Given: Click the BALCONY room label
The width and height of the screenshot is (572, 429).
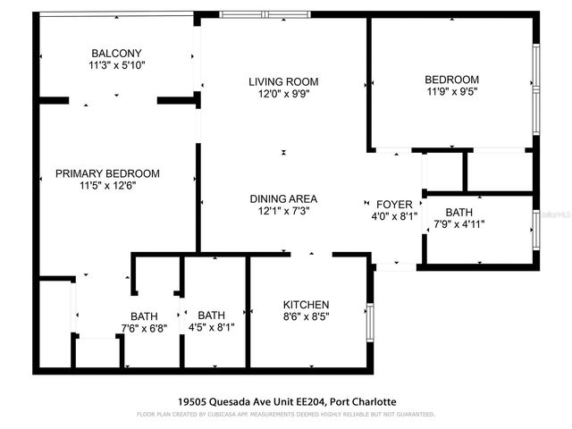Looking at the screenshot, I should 116,53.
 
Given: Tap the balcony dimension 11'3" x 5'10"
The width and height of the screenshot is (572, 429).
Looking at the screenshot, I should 116,65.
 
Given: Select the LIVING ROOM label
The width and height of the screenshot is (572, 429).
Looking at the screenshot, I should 283,81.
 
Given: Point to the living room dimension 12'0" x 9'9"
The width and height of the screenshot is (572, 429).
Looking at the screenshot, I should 283,94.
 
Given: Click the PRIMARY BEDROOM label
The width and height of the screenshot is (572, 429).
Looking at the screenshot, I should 107,173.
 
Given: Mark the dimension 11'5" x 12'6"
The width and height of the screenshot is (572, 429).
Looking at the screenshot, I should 107,186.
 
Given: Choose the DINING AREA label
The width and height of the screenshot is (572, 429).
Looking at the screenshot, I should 283,198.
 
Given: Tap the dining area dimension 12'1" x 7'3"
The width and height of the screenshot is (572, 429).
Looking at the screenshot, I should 283,211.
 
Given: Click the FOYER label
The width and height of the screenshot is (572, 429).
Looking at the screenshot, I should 394,204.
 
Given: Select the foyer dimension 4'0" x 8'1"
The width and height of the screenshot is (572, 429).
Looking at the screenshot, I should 394,215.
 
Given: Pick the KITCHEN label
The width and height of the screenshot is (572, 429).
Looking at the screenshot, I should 307,304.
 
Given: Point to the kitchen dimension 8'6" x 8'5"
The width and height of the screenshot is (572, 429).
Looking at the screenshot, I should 307,316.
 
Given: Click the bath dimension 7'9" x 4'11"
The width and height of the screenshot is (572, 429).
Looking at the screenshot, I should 459,224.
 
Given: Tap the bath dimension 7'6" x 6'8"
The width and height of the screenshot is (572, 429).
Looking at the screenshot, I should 144,328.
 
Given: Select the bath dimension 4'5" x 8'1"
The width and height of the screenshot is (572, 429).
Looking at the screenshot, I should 212,327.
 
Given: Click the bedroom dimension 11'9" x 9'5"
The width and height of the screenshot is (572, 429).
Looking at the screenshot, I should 451,91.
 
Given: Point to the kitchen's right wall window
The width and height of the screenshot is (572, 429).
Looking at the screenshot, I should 370,323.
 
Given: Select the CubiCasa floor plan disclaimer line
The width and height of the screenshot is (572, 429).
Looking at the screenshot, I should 285,415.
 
